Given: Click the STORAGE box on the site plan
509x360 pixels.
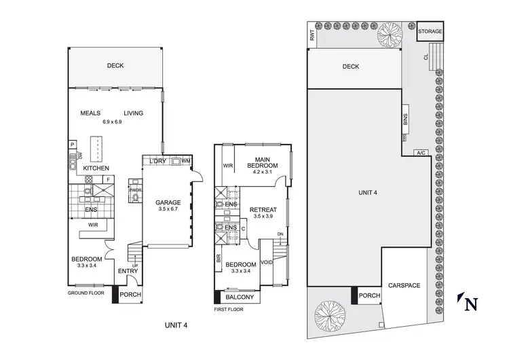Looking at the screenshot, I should (x=430, y=32).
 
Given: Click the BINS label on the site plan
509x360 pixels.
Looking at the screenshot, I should (x=405, y=121).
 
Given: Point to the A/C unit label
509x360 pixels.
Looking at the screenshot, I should (x=421, y=153).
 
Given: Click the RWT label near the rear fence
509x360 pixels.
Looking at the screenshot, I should (x=312, y=39).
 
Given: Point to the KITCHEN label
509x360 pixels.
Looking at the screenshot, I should (x=96, y=167).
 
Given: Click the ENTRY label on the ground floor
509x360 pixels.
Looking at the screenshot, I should (x=128, y=272).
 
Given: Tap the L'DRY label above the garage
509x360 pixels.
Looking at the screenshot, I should (x=157, y=161).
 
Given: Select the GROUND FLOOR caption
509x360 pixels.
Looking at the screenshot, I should (x=89, y=293).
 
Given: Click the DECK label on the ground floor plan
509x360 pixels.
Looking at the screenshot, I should (x=115, y=66).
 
